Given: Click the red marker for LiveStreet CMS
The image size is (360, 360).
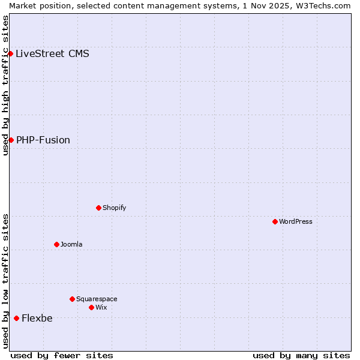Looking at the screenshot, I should (10, 53).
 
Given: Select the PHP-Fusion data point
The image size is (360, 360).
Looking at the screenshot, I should (11, 140).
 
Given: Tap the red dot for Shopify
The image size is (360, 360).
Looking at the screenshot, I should (98, 208).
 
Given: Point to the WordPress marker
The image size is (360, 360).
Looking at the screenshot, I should (275, 221).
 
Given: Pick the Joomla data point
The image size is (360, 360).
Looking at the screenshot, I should (56, 244).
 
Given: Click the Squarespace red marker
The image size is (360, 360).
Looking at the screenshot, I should (72, 299).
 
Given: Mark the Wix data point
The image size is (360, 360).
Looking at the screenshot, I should (91, 307).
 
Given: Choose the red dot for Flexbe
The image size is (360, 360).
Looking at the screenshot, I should (16, 318).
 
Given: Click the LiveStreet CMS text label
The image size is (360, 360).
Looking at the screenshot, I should (52, 53).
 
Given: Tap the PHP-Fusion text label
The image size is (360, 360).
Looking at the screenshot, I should (43, 140).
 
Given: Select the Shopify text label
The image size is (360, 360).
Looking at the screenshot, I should (114, 208).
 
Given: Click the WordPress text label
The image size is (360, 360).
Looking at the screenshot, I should (296, 221).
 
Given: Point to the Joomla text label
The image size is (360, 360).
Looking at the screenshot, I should (71, 244).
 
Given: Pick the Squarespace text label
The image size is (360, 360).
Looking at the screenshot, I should (97, 299).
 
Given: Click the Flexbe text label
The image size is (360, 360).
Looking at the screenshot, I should (37, 318).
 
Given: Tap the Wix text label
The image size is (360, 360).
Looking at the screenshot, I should (101, 307).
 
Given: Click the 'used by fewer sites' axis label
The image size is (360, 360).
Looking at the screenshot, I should (62, 355).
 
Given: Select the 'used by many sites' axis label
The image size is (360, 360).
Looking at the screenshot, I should (301, 355).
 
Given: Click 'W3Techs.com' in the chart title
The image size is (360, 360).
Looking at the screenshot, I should (326, 5).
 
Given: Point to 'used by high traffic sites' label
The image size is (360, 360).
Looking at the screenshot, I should (5, 85).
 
